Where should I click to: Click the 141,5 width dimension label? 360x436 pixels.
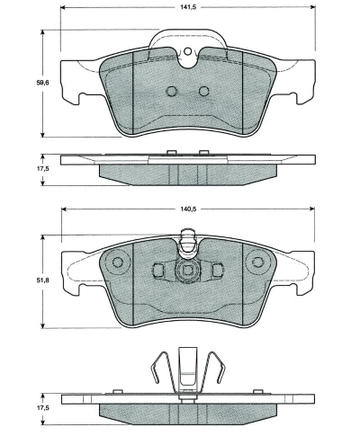point(188,7)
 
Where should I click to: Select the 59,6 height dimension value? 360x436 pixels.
point(42,83)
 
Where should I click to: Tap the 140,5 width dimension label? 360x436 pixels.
point(188,209)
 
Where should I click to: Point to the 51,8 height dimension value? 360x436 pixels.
point(42,280)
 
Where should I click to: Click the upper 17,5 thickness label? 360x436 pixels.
point(42,168)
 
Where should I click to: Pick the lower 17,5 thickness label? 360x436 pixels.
point(42,408)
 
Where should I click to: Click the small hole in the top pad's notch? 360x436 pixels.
point(187,51)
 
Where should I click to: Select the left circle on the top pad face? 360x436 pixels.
point(172,91)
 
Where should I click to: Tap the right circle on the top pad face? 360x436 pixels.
point(204,91)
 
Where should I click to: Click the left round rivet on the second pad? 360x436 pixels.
point(118,262)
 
